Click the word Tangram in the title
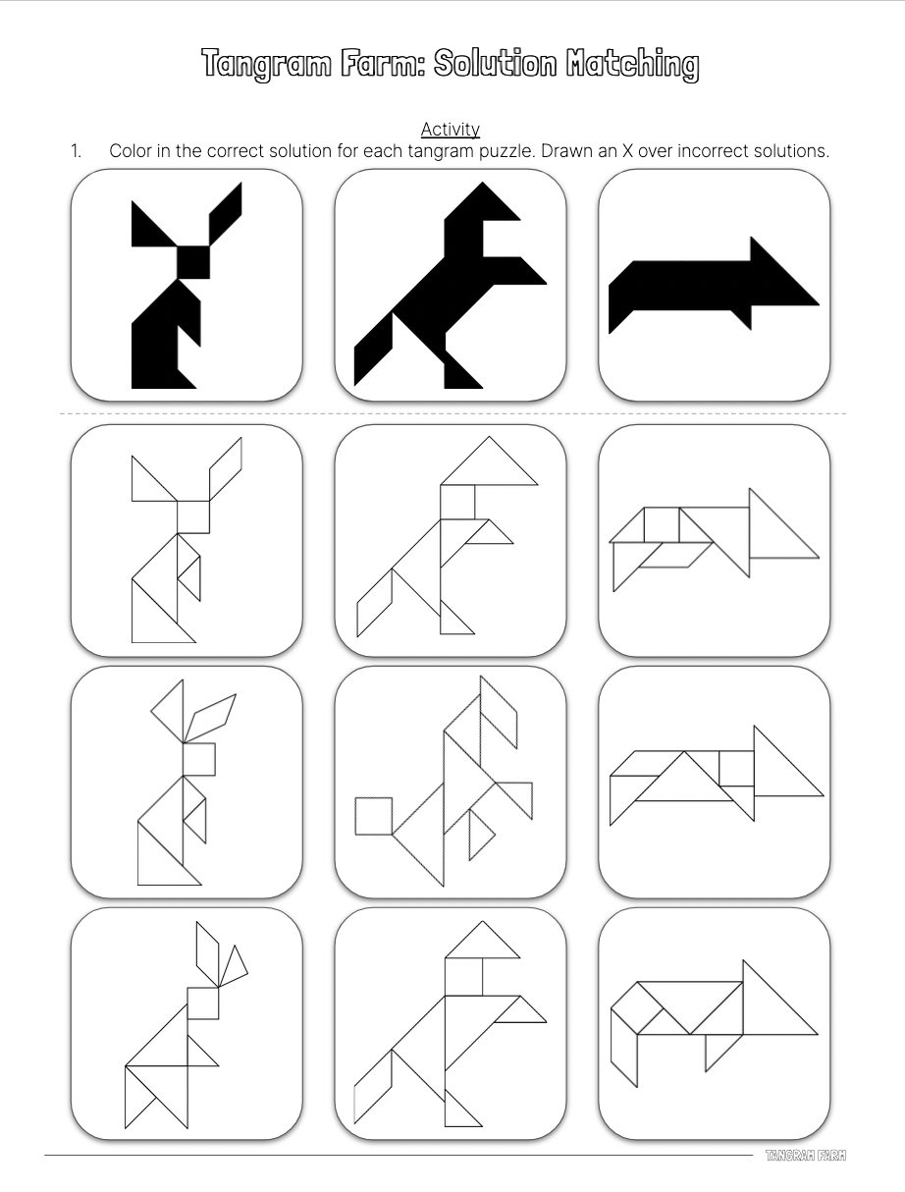266,64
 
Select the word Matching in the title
632,64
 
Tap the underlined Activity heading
451,130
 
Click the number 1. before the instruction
76,151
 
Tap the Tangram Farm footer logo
806,1155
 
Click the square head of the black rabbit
193,262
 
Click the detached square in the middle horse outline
374,816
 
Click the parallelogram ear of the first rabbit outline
226,468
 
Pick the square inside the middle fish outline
737,769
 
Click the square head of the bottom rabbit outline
203,1003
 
